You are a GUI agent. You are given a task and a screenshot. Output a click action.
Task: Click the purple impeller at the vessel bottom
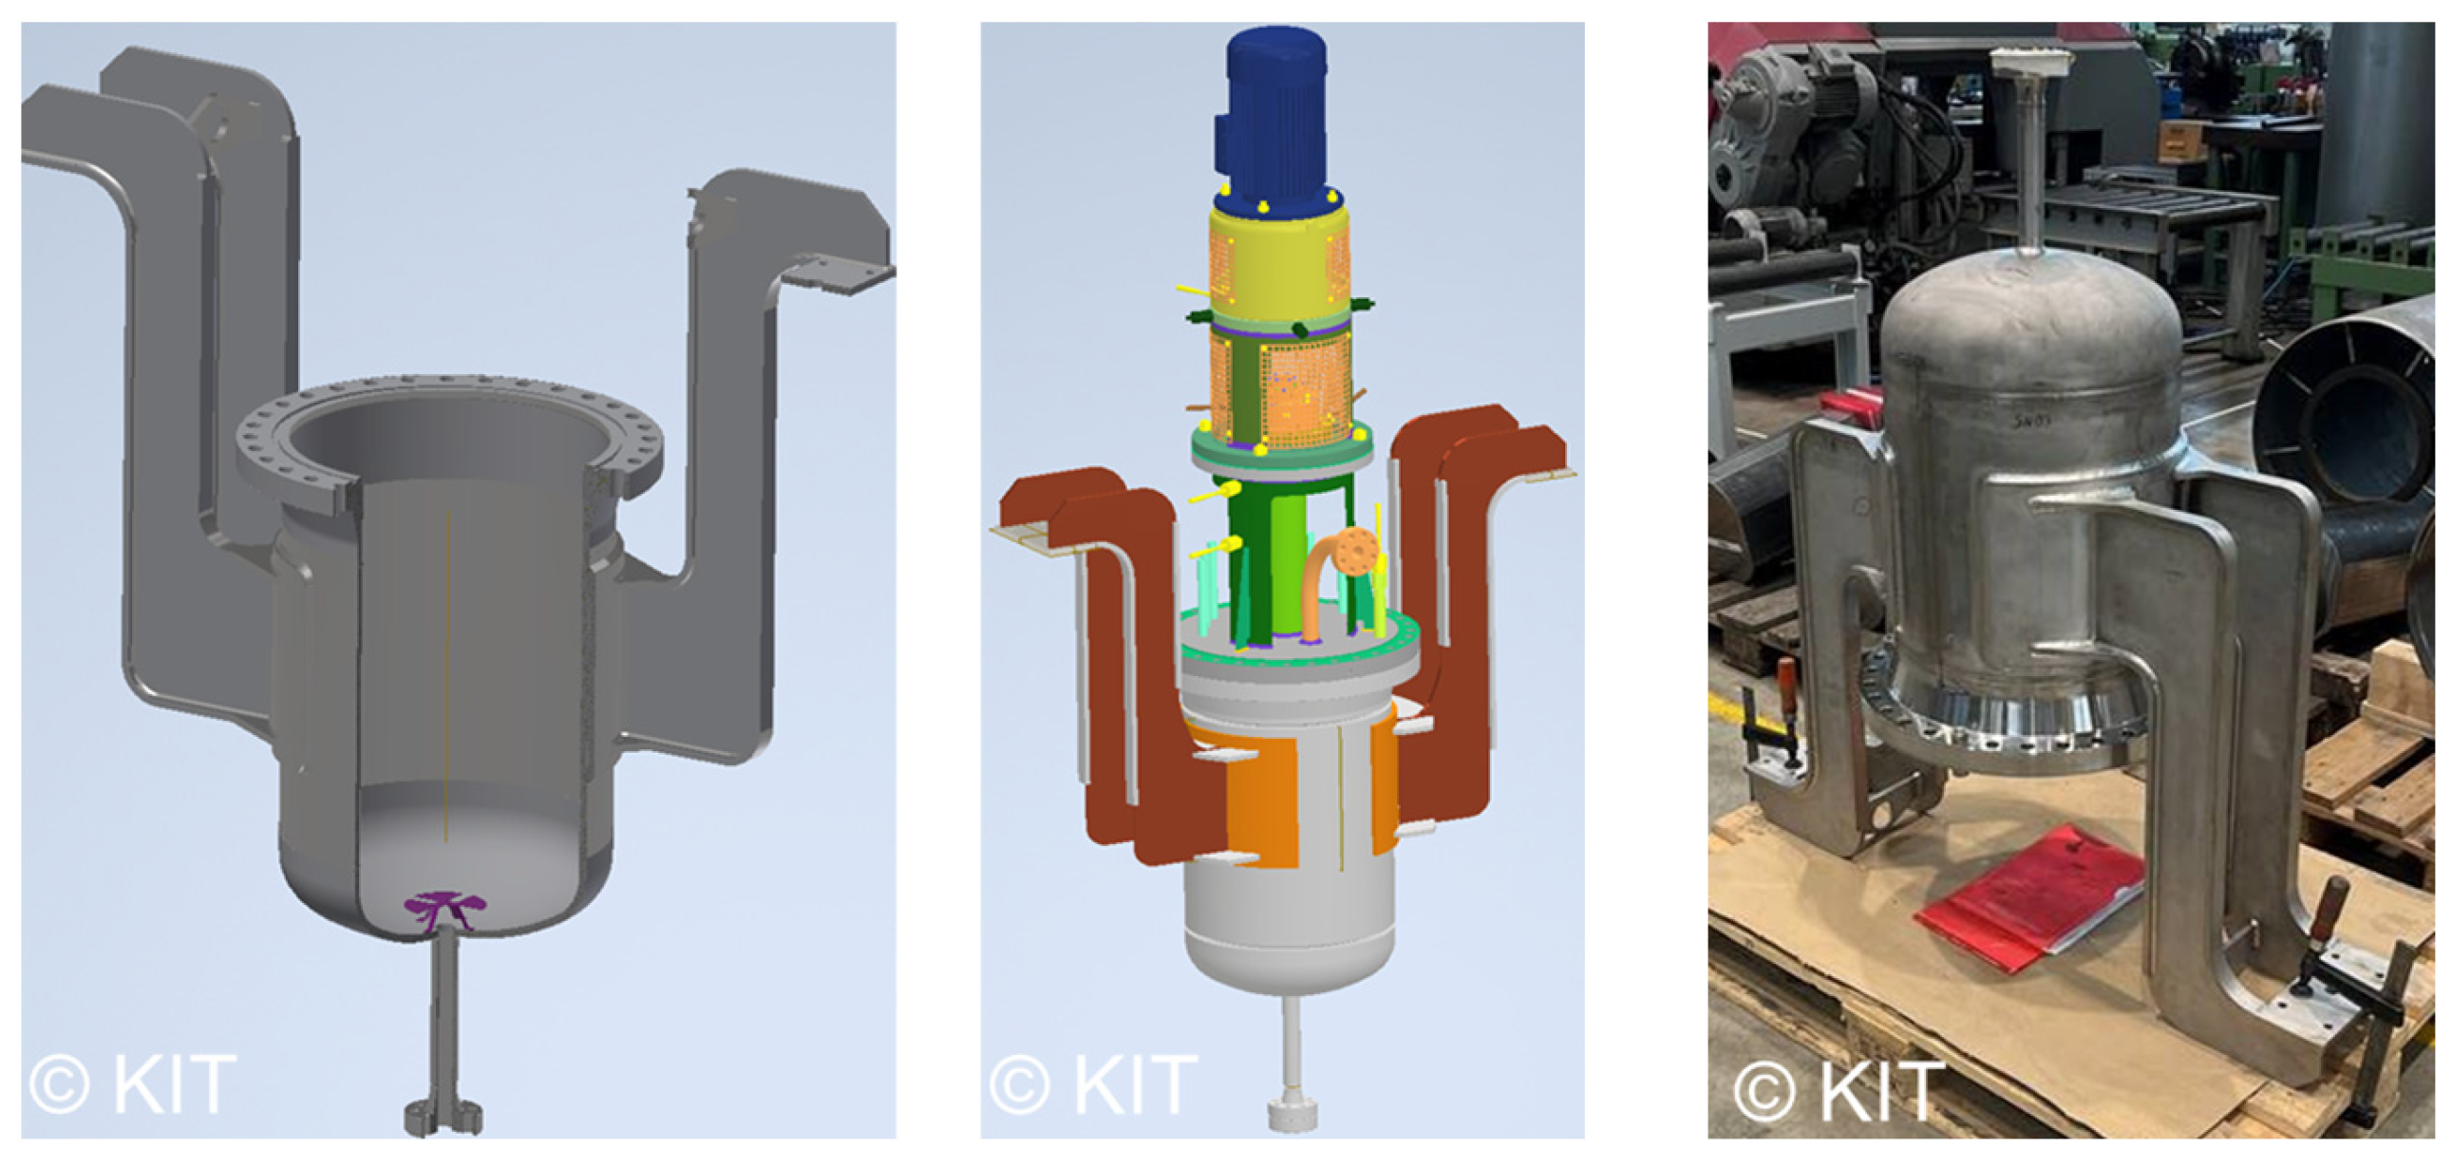click(x=441, y=910)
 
